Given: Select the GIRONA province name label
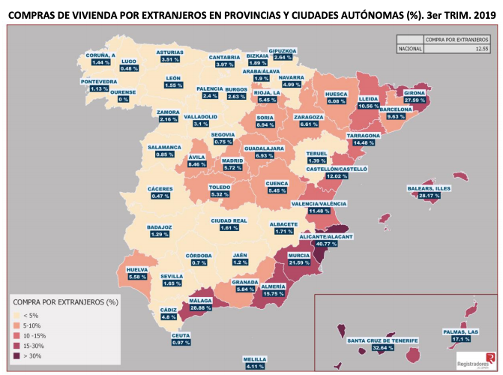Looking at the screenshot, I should (x=415, y=92).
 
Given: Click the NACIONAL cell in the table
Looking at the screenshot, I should (x=409, y=49).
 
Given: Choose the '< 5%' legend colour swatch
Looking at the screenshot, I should (x=17, y=315).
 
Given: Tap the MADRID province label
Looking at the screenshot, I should (x=233, y=160).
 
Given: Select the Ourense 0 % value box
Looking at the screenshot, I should (x=123, y=99).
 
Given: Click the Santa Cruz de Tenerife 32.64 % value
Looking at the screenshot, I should (x=383, y=348).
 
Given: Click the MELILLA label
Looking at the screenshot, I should (x=256, y=358).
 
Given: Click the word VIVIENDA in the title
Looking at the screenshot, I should (x=115, y=12).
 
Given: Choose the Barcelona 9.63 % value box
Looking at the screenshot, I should (x=395, y=116).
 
